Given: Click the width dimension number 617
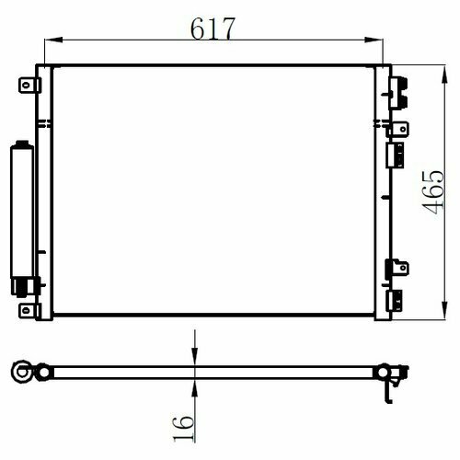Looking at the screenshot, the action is pos(213,29).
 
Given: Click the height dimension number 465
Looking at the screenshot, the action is pos(433,192).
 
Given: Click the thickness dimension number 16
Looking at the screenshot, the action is pos(184,429).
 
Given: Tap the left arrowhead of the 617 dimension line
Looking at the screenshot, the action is pos(53,40).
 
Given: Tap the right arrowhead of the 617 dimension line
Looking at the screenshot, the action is pos(374,40).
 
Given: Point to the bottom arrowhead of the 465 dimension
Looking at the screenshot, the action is pos(444,310).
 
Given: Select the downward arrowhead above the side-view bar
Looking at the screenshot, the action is pos(194,356).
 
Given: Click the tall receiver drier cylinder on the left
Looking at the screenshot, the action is pos(22,210).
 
